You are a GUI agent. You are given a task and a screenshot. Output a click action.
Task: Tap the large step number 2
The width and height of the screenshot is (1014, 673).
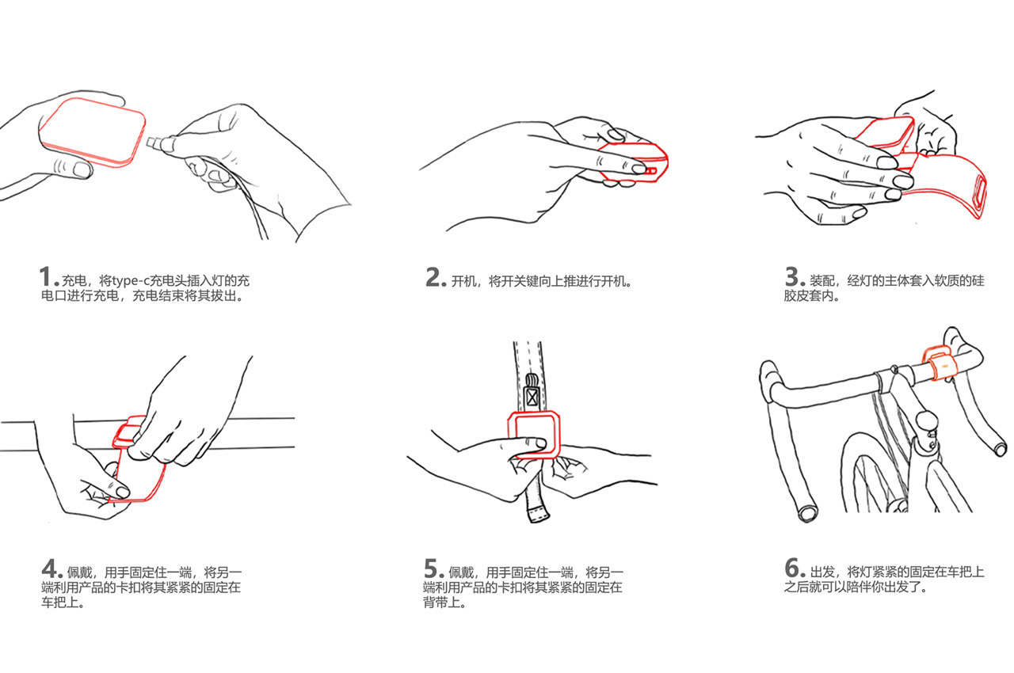(x=433, y=276)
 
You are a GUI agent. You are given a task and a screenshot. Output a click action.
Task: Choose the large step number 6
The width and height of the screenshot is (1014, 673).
(x=792, y=568)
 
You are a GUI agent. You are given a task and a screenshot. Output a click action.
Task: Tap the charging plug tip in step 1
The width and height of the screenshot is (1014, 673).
(x=151, y=142)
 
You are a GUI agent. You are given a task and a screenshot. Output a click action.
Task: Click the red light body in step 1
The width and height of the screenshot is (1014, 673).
(x=93, y=132)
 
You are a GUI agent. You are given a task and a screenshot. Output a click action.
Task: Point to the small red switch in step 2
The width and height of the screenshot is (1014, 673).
(x=650, y=171)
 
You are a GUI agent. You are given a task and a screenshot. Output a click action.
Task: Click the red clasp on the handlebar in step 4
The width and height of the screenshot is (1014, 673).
(x=128, y=432)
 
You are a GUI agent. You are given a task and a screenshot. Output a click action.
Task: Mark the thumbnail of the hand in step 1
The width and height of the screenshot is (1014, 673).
(x=82, y=170)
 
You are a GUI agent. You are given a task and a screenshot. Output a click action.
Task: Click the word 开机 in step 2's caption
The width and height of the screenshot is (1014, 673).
(x=463, y=281)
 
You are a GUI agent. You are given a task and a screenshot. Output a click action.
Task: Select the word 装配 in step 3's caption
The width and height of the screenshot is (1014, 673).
(x=822, y=281)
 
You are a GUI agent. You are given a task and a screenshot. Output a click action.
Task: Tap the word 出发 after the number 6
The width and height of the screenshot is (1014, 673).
(x=822, y=572)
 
